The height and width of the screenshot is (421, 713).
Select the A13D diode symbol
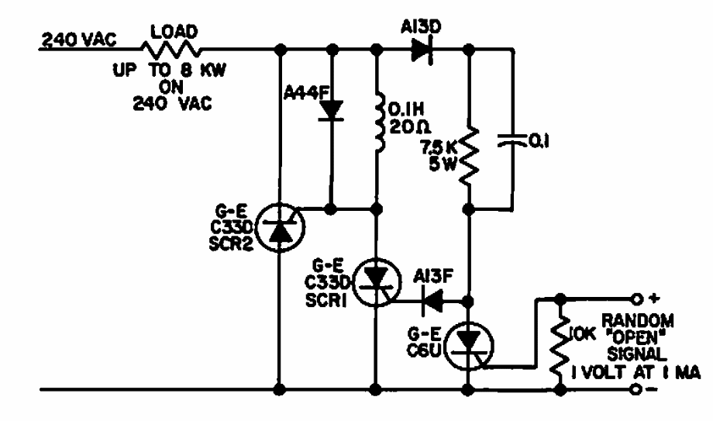click(419, 50)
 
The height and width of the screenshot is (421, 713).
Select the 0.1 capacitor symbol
click(512, 143)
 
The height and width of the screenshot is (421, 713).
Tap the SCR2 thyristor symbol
click(279, 227)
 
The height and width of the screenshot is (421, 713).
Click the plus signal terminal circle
click(638, 298)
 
